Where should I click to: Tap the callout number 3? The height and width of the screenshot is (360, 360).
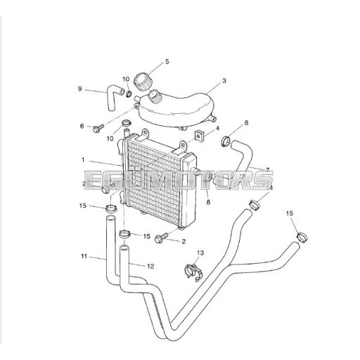(224, 81)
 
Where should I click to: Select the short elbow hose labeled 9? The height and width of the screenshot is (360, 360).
(114, 97)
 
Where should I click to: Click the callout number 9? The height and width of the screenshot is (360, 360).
(80, 89)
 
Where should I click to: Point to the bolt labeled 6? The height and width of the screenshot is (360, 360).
(98, 128)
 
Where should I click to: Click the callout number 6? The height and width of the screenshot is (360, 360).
(82, 126)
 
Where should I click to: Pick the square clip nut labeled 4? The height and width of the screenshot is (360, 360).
(200, 136)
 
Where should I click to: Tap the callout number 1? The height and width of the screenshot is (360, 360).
(83, 160)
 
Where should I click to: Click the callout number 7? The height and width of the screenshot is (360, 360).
(267, 169)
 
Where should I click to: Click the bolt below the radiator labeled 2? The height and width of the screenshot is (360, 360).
(161, 238)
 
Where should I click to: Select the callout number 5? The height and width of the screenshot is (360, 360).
(167, 62)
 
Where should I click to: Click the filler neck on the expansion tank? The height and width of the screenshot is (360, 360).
(155, 96)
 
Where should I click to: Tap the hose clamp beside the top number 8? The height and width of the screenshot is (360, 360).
(226, 141)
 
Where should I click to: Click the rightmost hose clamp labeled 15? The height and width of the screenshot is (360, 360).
(302, 237)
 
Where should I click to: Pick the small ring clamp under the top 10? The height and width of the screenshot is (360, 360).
(129, 94)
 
